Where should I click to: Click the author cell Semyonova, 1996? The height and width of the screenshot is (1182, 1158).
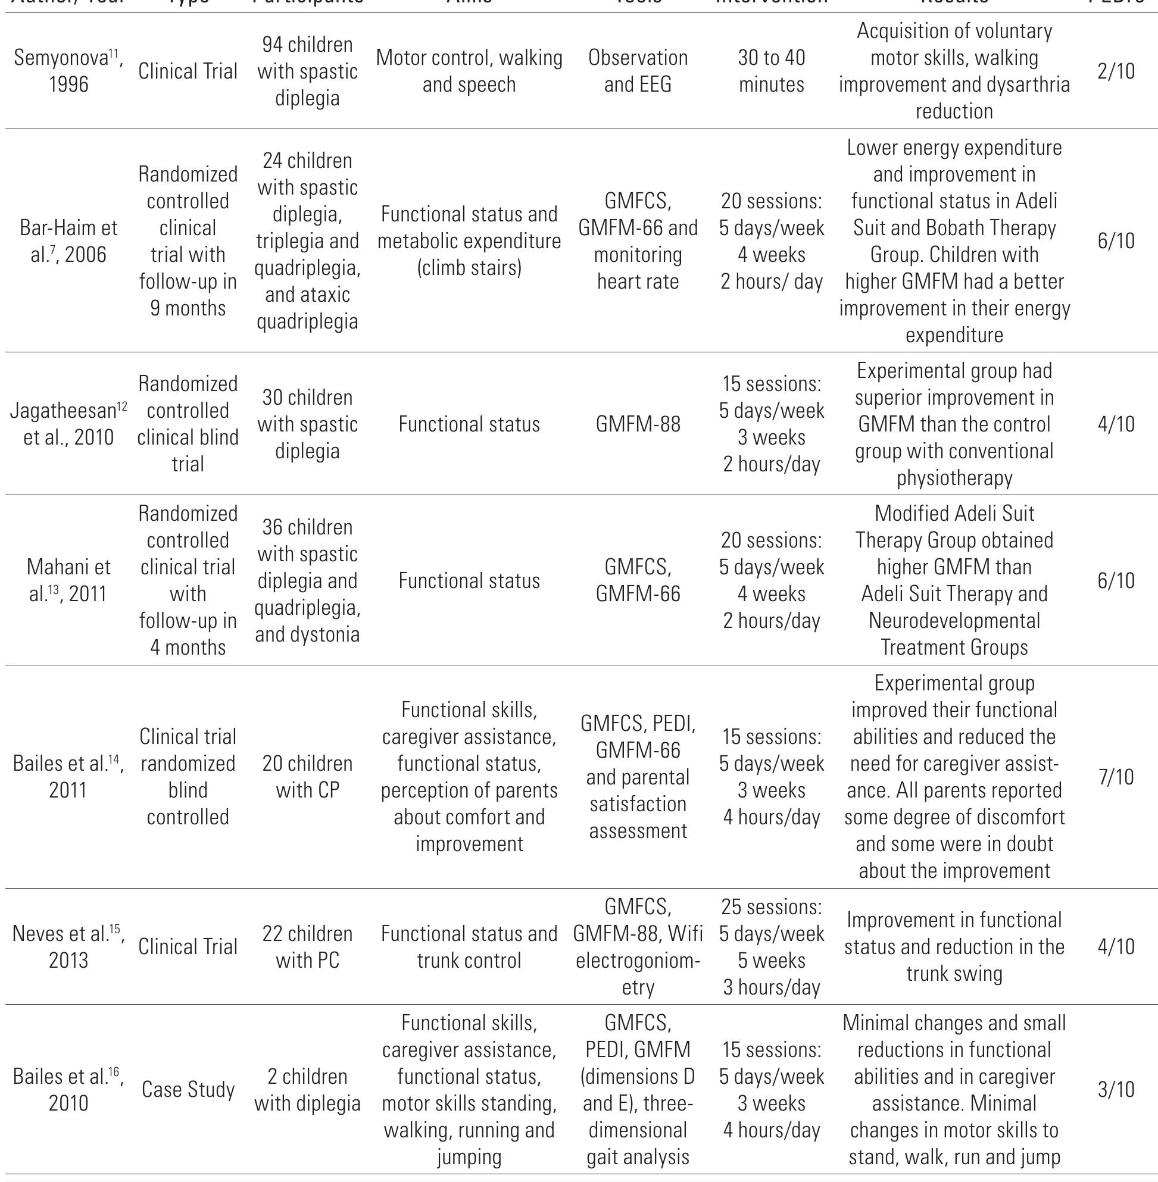[x=68, y=71]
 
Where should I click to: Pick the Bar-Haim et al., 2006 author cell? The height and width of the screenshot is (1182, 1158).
[x=68, y=241]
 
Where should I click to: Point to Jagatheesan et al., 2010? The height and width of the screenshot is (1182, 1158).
[x=68, y=424]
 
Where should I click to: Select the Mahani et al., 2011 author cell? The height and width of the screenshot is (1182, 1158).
[x=68, y=580]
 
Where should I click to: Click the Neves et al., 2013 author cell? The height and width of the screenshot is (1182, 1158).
[x=68, y=947]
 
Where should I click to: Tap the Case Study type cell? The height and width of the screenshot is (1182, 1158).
[x=188, y=1089]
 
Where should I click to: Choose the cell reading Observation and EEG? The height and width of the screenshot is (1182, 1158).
[x=638, y=71]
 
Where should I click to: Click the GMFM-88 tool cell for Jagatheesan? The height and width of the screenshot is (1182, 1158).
[x=638, y=424]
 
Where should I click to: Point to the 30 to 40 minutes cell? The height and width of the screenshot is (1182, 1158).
[x=771, y=71]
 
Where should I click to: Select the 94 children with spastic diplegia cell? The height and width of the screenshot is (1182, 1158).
[x=307, y=71]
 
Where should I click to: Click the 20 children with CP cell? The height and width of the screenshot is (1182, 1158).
[x=307, y=777]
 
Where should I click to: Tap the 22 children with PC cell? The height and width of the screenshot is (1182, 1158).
[x=307, y=947]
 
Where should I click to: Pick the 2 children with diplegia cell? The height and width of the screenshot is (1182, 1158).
[x=307, y=1089]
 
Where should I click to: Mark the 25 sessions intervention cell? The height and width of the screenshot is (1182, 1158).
[x=771, y=947]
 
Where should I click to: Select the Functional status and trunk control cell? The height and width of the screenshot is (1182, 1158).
[x=469, y=947]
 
